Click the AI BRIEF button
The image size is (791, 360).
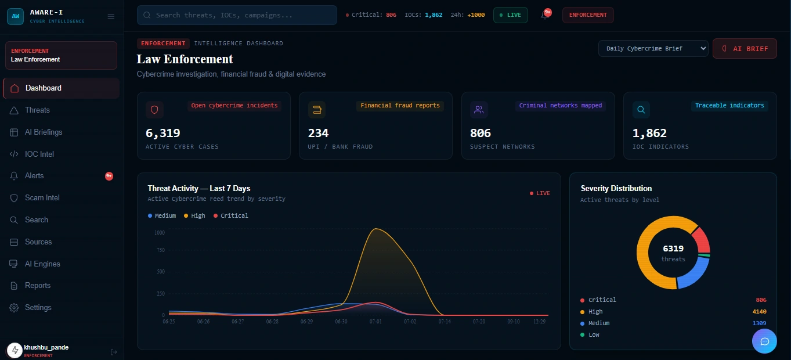coord(745,48)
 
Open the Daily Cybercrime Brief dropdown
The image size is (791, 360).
coord(653,48)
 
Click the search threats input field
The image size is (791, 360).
coord(237,15)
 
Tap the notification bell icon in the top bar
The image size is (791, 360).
coord(544,15)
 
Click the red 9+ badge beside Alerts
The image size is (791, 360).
coord(109,176)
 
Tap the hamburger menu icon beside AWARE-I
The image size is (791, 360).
coord(111,16)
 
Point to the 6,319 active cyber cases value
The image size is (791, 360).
coord(163,133)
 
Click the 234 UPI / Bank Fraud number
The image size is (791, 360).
coord(318,133)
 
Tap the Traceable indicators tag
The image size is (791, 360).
coord(729,106)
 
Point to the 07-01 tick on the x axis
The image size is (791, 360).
coord(375,322)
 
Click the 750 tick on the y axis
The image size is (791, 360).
coord(161,250)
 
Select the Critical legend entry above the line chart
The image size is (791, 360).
coord(231,215)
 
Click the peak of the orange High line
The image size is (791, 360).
coord(376,229)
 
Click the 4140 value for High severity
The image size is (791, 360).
coord(759,312)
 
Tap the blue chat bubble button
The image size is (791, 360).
coord(764,341)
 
